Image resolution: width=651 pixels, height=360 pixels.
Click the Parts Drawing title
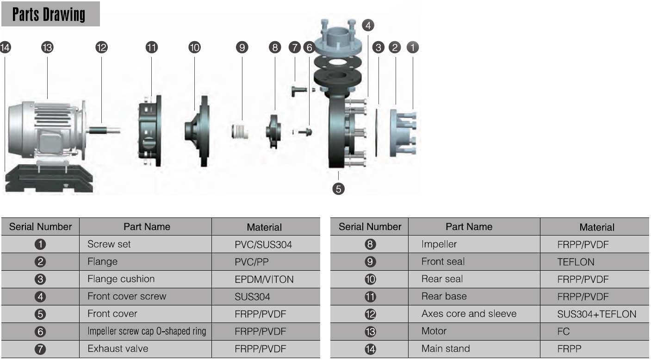[49, 15]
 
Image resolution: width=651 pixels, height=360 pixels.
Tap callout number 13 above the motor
[47, 47]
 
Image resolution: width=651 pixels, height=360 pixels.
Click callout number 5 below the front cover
[339, 189]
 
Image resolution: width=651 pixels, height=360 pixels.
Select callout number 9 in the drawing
[242, 47]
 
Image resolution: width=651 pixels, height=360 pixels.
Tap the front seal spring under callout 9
[240, 131]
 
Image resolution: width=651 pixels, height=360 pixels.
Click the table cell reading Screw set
[109, 244]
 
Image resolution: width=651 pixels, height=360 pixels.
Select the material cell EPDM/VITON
[264, 279]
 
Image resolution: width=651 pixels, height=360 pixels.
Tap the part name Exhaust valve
[118, 348]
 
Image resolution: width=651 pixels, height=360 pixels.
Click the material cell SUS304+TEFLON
[596, 314]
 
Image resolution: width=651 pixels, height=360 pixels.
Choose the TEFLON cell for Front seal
[576, 262]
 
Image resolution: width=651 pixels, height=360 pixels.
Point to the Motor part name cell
[434, 331]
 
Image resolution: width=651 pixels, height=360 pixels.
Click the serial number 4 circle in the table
[40, 297]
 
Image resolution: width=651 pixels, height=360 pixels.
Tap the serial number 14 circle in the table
[370, 349]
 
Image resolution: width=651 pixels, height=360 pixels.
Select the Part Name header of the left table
[147, 227]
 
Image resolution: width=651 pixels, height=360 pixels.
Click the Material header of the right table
[596, 227]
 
